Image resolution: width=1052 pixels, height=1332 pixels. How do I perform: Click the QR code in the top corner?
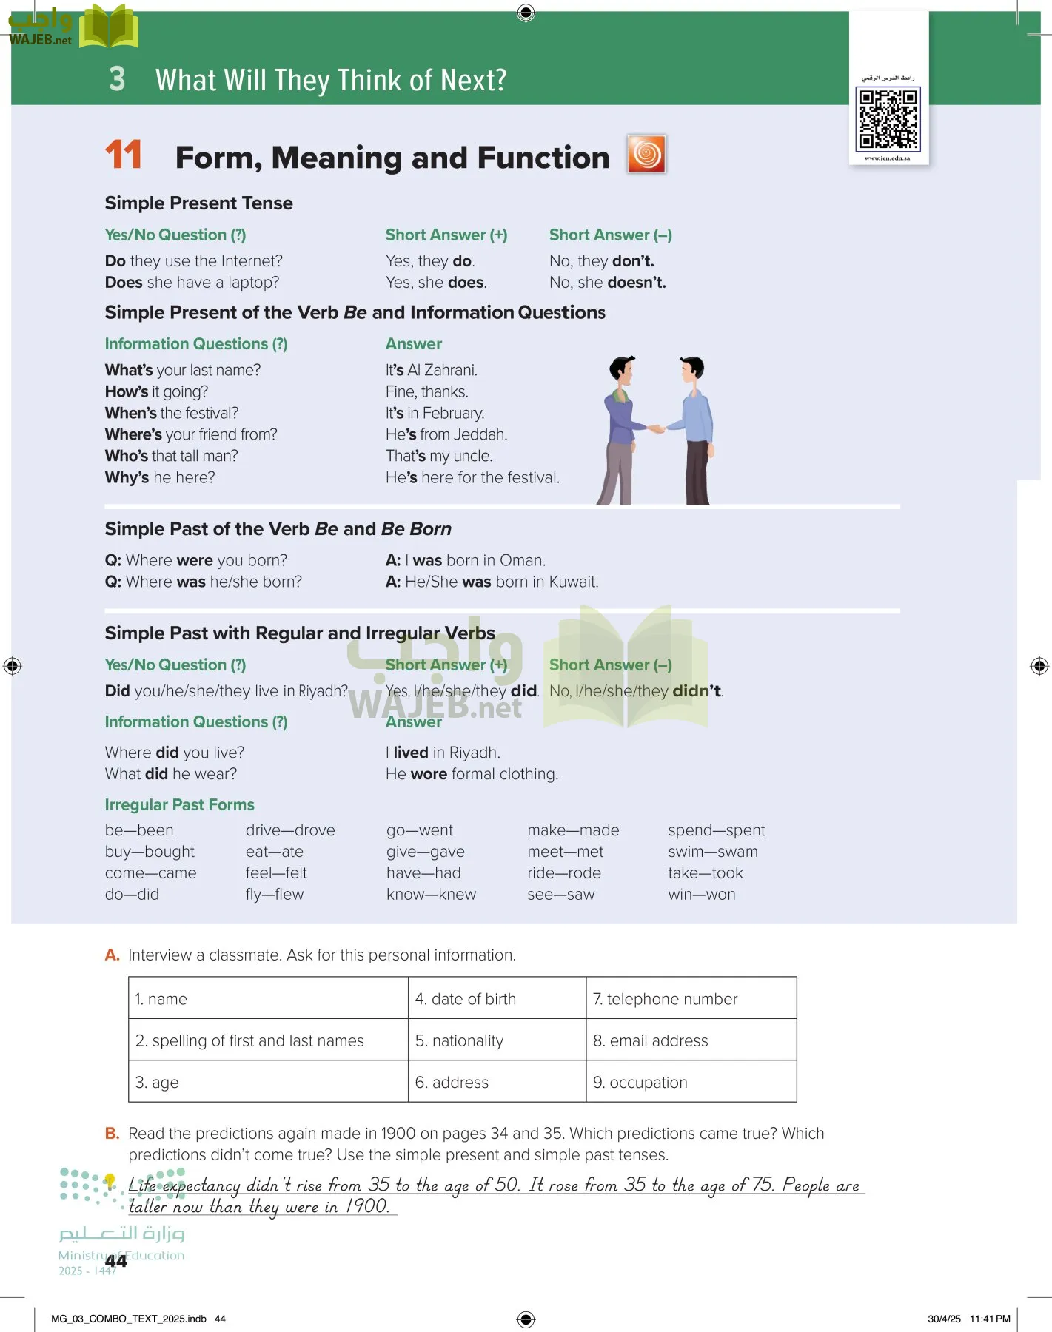point(888,118)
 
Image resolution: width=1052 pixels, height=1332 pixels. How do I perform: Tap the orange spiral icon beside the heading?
point(646,154)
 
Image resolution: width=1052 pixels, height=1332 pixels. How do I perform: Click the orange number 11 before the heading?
point(123,155)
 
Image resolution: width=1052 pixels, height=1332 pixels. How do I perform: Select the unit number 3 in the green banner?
point(117,79)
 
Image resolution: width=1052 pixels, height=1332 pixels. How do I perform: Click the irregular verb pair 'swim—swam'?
point(712,852)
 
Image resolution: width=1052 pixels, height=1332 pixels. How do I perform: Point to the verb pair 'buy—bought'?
point(150,852)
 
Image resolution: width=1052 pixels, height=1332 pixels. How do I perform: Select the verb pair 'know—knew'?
point(431,895)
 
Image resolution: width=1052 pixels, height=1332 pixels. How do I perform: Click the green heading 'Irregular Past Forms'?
point(179,804)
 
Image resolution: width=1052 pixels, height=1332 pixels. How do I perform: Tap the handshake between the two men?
point(656,428)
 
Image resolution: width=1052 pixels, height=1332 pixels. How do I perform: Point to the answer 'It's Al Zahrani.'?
point(431,370)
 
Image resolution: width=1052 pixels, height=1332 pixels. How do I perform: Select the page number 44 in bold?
point(116,1261)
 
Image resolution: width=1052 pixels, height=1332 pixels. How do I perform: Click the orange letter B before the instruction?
point(112,1133)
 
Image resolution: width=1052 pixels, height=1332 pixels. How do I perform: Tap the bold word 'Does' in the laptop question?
point(124,283)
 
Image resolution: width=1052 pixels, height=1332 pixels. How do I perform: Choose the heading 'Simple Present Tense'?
point(198,203)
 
